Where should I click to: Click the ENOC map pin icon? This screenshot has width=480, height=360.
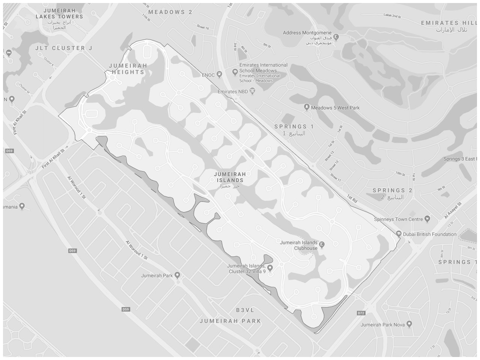(220, 75)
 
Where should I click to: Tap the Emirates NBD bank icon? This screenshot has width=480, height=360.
(253, 91)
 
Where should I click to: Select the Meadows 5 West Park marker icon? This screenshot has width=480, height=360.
(307, 107)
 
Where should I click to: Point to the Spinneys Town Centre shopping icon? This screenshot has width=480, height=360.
(427, 219)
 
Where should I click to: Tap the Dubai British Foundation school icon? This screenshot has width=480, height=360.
(399, 234)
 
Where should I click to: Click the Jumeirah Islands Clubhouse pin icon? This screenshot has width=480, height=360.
(322, 245)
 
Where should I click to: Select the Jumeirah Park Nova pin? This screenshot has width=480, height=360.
(409, 324)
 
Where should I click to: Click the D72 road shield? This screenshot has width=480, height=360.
(361, 313)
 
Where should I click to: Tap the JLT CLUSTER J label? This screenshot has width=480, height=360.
(64, 48)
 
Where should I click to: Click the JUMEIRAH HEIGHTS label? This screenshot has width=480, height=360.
(128, 68)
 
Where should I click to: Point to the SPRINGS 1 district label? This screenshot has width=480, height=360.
(294, 127)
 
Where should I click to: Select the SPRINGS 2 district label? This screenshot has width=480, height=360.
(392, 190)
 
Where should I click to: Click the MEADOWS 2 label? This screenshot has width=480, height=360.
(170, 12)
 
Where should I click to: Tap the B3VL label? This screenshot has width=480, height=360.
(245, 310)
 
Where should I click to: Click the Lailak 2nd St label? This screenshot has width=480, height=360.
(392, 16)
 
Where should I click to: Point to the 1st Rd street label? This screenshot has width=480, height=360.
(352, 199)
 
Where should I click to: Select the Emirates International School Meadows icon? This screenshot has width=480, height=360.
(235, 71)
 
